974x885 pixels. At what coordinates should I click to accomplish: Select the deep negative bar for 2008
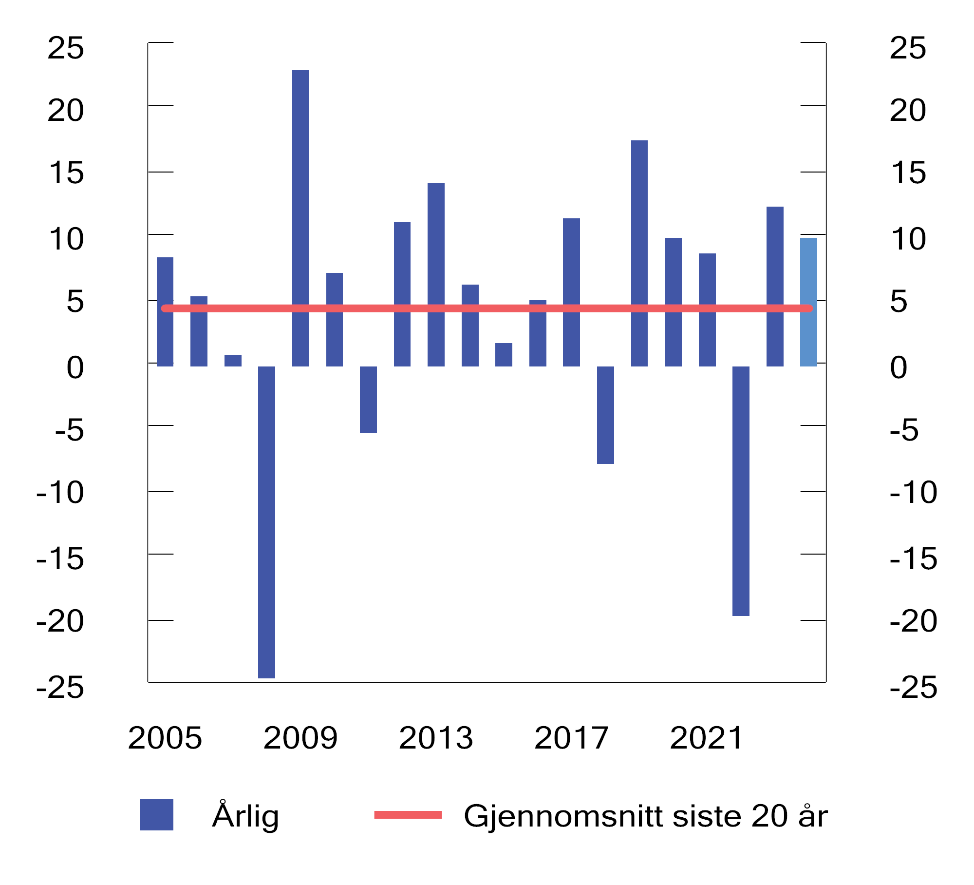tap(266, 522)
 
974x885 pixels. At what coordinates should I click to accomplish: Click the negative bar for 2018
tap(605, 415)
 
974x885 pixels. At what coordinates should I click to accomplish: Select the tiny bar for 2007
tap(233, 360)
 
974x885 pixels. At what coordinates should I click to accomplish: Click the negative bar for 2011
tap(368, 399)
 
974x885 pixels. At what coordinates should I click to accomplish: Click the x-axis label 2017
tap(571, 738)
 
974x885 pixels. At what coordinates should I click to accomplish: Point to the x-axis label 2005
tap(165, 738)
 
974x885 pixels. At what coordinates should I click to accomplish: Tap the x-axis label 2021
tap(706, 738)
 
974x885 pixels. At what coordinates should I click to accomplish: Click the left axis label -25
tap(60, 688)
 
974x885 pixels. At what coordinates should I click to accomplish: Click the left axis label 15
tap(66, 173)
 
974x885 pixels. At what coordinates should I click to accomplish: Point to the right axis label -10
tap(913, 492)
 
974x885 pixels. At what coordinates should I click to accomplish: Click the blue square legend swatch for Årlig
tap(156, 815)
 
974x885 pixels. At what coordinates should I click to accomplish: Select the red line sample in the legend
tap(408, 815)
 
